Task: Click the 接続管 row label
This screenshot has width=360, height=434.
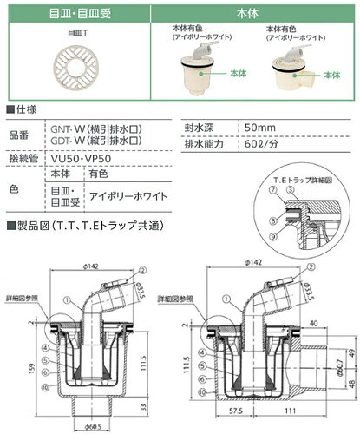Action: pos(23,161)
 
